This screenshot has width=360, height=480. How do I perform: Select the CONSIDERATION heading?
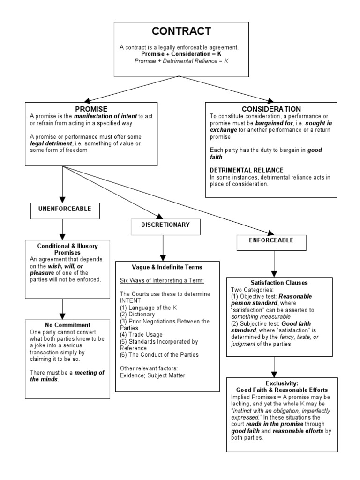tap(271, 109)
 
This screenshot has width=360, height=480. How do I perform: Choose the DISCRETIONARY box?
tap(166, 225)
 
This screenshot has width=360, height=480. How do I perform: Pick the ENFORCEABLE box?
tap(271, 240)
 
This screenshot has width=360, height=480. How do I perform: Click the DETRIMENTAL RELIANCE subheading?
tap(247, 170)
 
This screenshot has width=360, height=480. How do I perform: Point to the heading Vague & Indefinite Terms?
tap(167, 267)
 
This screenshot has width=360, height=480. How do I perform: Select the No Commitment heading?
tap(61, 324)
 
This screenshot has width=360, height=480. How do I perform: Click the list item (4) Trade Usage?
tap(141, 335)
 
